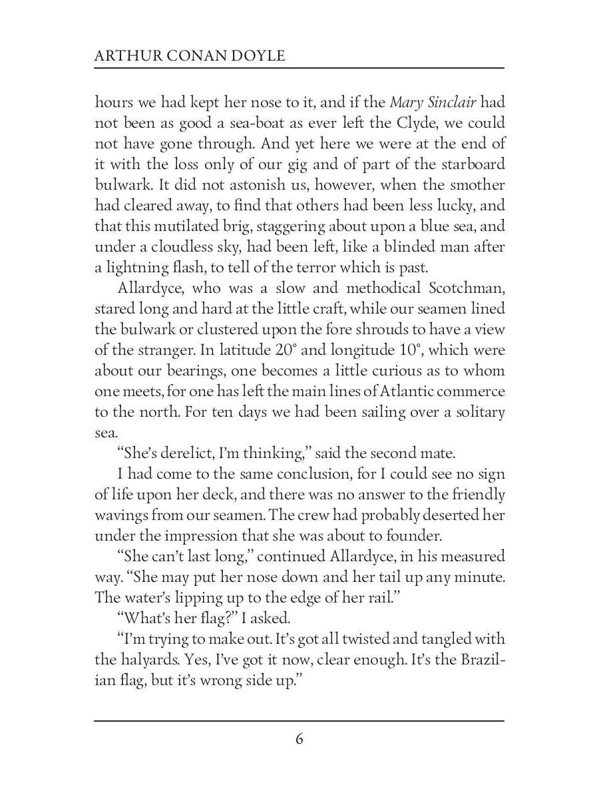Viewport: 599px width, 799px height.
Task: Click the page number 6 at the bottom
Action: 299,739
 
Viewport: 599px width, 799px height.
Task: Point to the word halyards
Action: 146,660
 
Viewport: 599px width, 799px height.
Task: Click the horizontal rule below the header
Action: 299,68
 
